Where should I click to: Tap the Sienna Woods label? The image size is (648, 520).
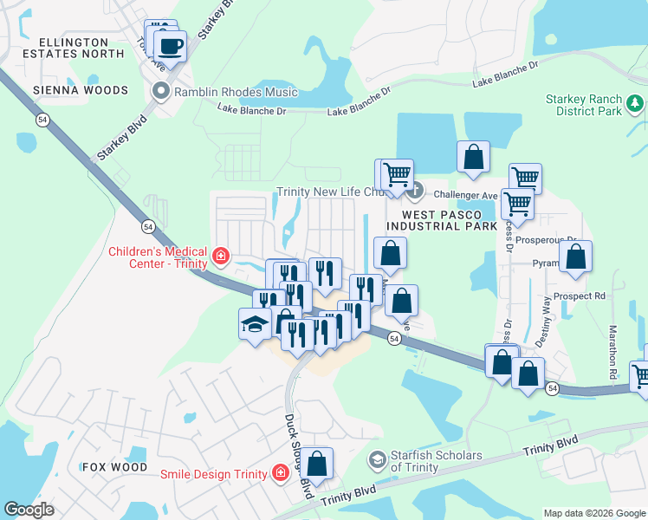pyautogui.click(x=80, y=90)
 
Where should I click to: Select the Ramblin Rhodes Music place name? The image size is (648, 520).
pyautogui.click(x=235, y=92)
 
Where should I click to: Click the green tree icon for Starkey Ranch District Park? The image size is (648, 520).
pyautogui.click(x=636, y=105)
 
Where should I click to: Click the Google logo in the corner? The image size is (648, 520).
pyautogui.click(x=29, y=510)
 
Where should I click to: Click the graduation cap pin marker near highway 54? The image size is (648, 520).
pyautogui.click(x=255, y=324)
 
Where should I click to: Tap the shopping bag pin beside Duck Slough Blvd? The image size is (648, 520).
pyautogui.click(x=318, y=463)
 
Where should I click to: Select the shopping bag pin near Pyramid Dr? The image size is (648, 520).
pyautogui.click(x=575, y=256)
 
